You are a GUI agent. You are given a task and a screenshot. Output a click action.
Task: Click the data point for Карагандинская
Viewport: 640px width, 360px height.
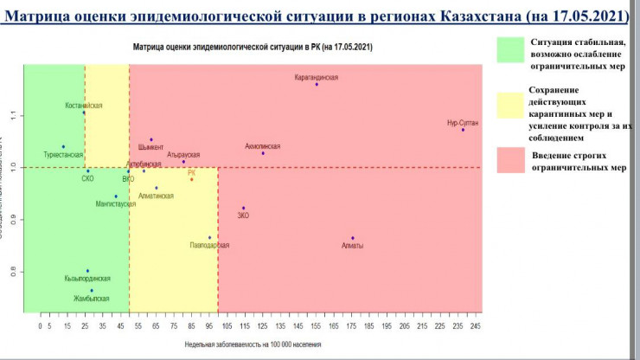click(x=317, y=84)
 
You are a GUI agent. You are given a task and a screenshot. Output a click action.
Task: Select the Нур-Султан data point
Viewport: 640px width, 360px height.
click(x=463, y=130)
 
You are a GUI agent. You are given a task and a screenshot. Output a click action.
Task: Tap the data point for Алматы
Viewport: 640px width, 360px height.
click(x=353, y=238)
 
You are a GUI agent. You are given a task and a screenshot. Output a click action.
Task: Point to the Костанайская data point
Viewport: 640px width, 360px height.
click(x=84, y=112)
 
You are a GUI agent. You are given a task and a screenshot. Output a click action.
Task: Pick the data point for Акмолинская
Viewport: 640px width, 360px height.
click(x=263, y=153)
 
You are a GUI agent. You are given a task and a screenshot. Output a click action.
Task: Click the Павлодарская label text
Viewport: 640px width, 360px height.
click(x=209, y=246)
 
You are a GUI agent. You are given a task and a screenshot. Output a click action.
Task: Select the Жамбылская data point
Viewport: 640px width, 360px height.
click(x=92, y=291)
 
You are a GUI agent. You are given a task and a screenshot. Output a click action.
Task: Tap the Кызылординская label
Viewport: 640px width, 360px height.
click(x=87, y=279)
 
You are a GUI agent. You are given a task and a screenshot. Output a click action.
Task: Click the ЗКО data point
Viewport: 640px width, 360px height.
click(x=244, y=208)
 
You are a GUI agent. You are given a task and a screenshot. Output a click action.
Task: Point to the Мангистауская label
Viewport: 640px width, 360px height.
click(x=117, y=204)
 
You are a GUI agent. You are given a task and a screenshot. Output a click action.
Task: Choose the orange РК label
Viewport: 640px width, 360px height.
click(x=192, y=172)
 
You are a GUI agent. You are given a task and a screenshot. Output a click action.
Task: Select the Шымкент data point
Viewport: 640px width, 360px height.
click(x=150, y=139)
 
